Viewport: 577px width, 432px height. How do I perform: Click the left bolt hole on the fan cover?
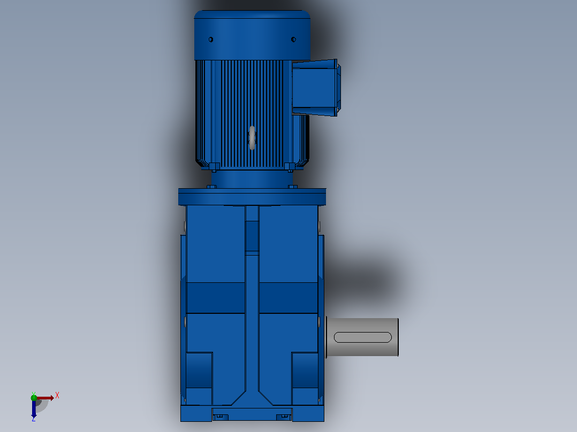click(211, 40)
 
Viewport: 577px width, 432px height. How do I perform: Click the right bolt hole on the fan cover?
click(293, 40)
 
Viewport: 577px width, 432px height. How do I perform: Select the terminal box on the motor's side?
click(316, 88)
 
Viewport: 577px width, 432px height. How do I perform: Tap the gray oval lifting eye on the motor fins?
click(252, 138)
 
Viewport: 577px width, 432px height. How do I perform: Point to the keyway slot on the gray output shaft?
click(362, 337)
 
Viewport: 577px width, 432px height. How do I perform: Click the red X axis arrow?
click(45, 398)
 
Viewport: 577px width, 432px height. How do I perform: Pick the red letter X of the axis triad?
click(57, 396)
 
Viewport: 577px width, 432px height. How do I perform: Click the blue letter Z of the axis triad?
click(34, 419)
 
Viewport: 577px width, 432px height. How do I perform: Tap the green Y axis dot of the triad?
click(34, 397)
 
